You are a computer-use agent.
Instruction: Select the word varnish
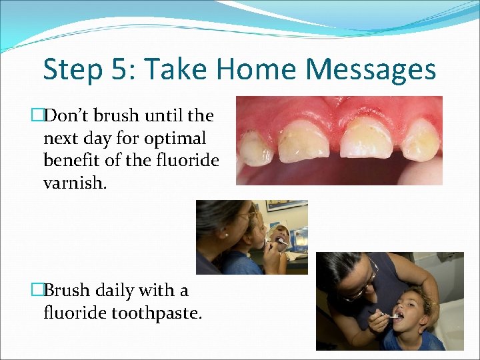(73, 182)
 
